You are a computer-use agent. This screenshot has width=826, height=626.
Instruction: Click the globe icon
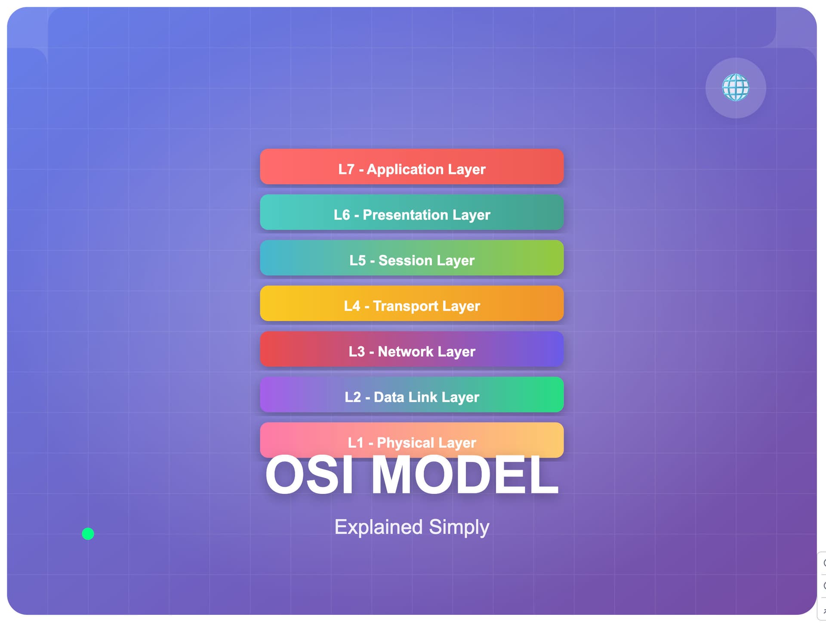coord(735,87)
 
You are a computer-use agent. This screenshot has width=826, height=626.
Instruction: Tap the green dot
coord(88,534)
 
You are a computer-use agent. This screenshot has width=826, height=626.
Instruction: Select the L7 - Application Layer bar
coord(412,167)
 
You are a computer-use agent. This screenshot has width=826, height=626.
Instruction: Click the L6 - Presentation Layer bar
coord(412,212)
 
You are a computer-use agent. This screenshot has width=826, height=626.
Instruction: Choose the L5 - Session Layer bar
coord(412,258)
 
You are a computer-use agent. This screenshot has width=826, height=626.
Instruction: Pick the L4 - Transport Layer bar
coord(412,304)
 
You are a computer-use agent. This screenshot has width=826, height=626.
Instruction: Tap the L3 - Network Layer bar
coord(412,349)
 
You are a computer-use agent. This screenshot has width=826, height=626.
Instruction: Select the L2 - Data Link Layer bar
coord(412,395)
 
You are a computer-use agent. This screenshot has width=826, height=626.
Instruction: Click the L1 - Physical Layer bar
coord(412,440)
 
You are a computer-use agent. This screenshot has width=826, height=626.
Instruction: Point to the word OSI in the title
coord(309,475)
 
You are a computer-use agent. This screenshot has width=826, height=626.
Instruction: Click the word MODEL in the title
coord(465,475)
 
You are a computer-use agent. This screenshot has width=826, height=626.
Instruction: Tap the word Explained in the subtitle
coord(379,527)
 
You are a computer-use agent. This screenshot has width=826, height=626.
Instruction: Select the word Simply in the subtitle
coord(459,527)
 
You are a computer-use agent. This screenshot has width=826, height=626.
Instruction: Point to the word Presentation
coord(399,215)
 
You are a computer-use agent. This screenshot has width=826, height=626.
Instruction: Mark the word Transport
coord(405,307)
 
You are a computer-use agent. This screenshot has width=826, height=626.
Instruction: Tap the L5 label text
coord(357,260)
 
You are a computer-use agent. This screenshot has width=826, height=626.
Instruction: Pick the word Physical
coord(405,443)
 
